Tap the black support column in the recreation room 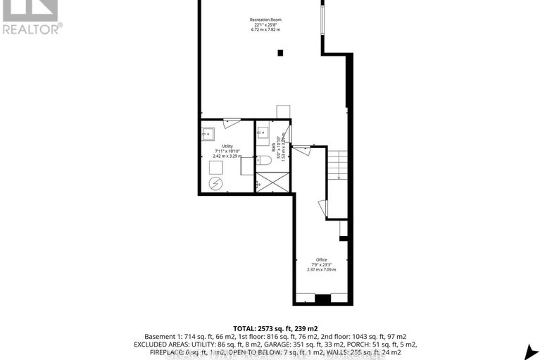280,52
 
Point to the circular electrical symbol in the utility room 215,182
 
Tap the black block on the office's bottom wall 322,299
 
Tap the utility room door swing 231,123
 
